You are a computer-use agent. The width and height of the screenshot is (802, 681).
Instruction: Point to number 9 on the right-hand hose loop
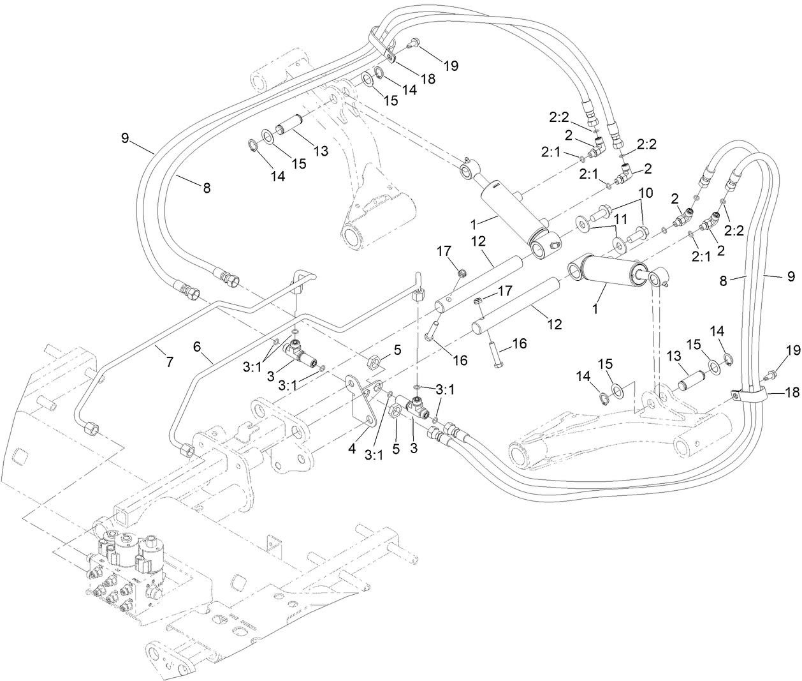pyautogui.click(x=791, y=276)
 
